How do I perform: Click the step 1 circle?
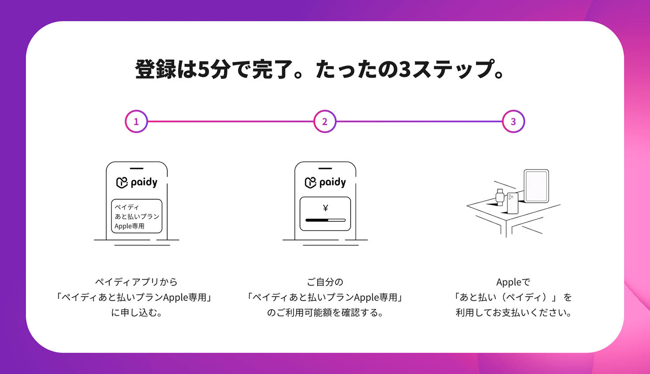pyautogui.click(x=136, y=121)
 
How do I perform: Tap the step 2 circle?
pyautogui.click(x=325, y=121)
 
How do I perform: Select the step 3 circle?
pyautogui.click(x=513, y=121)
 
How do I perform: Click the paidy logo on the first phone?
pyautogui.click(x=137, y=182)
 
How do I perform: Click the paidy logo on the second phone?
pyautogui.click(x=325, y=182)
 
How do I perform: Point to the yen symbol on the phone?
pyautogui.click(x=325, y=208)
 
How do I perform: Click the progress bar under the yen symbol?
pyautogui.click(x=325, y=220)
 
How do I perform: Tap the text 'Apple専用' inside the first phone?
pyautogui.click(x=130, y=226)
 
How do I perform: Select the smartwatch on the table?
pyautogui.click(x=500, y=197)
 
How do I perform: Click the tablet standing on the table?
pyautogui.click(x=536, y=186)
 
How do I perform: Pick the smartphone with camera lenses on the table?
pyautogui.click(x=513, y=203)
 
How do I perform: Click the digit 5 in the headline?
pyautogui.click(x=204, y=70)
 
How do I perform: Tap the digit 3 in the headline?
pyautogui.click(x=405, y=70)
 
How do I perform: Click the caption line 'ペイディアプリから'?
pyautogui.click(x=136, y=282)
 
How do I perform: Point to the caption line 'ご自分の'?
pyautogui.click(x=325, y=282)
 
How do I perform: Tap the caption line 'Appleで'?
pyautogui.click(x=513, y=282)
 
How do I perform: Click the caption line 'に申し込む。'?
pyautogui.click(x=137, y=313)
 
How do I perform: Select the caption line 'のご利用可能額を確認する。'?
pyautogui.click(x=325, y=313)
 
